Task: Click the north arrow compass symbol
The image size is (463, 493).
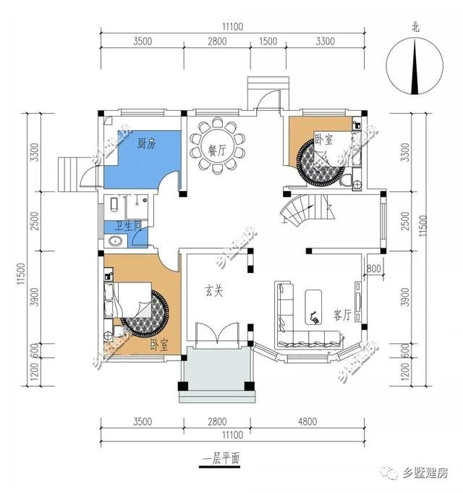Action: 415,64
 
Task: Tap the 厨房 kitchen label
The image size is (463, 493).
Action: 146,143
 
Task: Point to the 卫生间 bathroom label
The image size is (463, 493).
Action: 123,226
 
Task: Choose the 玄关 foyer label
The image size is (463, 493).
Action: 213,292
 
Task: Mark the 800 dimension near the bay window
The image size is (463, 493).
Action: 374,270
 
